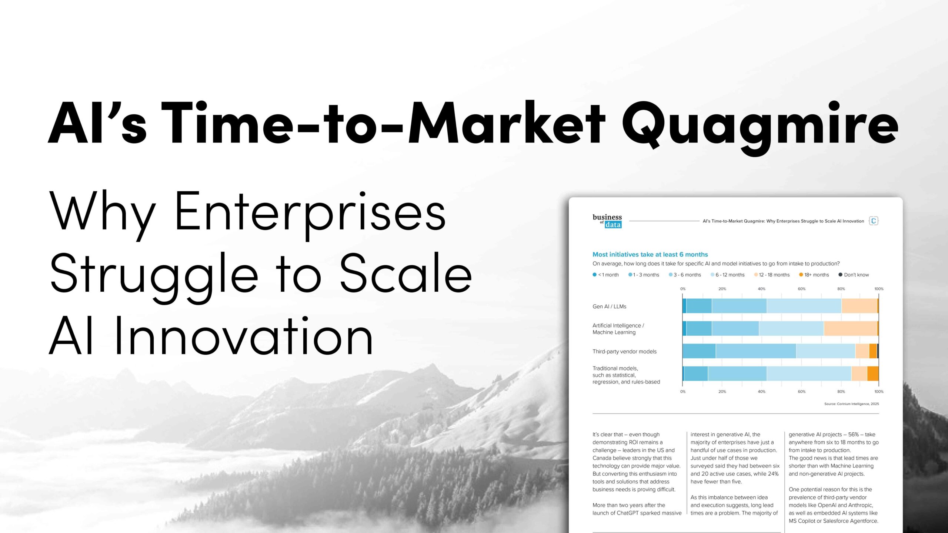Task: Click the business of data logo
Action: (607, 221)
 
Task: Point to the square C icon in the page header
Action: (874, 221)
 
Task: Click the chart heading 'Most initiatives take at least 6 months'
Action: (650, 254)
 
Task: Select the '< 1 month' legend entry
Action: (606, 275)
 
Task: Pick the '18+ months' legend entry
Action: (814, 275)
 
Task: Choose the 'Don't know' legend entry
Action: (854, 275)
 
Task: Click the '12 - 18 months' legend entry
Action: (772, 275)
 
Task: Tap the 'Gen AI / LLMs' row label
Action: (609, 306)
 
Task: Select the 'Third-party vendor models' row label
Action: (624, 351)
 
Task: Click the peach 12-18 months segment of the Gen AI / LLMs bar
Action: (859, 306)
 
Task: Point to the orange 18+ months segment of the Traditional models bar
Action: (873, 373)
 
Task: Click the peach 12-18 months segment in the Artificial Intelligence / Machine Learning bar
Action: (850, 328)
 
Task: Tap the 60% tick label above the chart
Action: (801, 289)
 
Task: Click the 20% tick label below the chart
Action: (722, 391)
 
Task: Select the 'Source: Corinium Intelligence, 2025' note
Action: (851, 404)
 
